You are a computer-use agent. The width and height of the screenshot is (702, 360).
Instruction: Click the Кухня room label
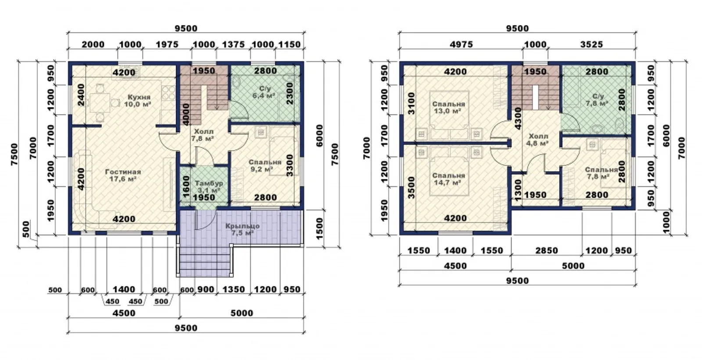coord(139,97)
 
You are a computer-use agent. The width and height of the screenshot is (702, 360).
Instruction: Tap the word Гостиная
coord(123,172)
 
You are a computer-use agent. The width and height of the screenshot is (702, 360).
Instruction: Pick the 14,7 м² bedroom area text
coord(447,183)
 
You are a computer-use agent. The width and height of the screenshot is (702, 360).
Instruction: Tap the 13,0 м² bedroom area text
coord(447,111)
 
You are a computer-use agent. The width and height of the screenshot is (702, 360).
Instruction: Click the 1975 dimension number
coord(167,44)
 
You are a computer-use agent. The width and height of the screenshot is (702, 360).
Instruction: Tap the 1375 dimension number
coord(233,44)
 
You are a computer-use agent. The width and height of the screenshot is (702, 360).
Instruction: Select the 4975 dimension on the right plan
coord(461,44)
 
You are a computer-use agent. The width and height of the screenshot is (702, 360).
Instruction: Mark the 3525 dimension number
coord(591,44)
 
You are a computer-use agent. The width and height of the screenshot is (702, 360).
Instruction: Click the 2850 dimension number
coord(547,251)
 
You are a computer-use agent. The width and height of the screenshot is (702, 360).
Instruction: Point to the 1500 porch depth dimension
coord(319,228)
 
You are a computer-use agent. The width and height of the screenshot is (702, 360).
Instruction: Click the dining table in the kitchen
coord(100,102)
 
